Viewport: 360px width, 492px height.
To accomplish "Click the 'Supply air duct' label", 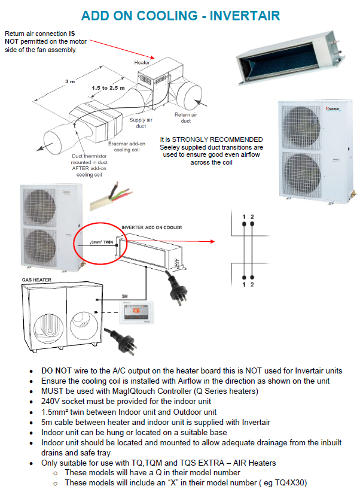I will coord(139,123).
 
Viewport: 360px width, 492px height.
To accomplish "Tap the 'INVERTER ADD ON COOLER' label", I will coord(152,228).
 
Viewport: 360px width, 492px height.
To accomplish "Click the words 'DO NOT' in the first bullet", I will coord(56,371).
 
